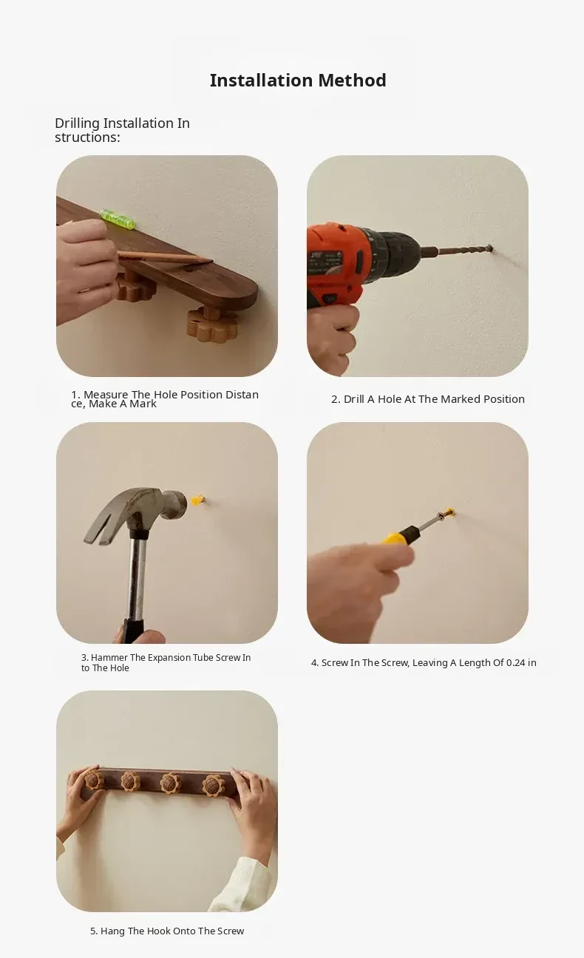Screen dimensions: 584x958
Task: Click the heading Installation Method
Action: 298,81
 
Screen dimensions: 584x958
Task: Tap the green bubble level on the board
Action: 117,219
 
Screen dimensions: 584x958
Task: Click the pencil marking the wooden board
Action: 165,257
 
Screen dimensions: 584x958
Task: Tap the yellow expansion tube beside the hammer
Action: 197,500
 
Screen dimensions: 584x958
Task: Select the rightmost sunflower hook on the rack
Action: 214,785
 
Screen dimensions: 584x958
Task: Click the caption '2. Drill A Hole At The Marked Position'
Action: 428,399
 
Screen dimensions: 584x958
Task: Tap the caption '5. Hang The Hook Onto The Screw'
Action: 167,931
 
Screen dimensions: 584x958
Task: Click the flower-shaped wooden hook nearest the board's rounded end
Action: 211,325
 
